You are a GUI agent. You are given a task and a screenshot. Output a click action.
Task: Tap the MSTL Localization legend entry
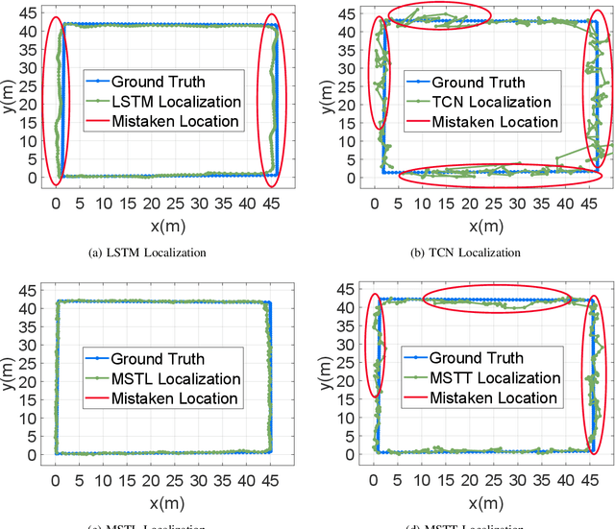pos(161,378)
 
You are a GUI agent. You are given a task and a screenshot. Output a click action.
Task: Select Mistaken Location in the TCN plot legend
pos(494,122)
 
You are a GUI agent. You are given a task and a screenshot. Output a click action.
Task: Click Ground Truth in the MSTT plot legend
pos(477,358)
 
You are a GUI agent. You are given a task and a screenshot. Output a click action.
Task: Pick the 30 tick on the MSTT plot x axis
pos(518,479)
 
